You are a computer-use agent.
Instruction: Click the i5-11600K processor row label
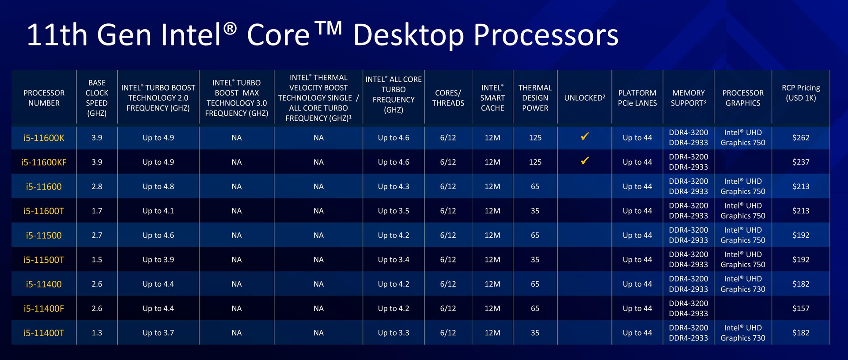(44, 138)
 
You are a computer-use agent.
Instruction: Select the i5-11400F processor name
(44, 308)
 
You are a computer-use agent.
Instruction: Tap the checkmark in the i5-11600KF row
(584, 161)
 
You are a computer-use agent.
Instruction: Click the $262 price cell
(801, 138)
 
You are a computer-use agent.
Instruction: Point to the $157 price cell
(801, 308)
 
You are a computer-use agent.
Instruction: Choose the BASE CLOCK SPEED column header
(97, 98)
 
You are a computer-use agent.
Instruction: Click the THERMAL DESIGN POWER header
(535, 98)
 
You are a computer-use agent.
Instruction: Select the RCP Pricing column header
(801, 93)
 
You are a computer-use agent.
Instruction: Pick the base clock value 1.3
(97, 333)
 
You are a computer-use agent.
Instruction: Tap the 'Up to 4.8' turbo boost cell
(158, 186)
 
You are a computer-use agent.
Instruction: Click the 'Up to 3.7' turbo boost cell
(158, 333)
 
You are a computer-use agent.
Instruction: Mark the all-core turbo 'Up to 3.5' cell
(394, 211)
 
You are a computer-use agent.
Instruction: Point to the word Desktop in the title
(409, 35)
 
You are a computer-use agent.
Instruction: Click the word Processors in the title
(546, 35)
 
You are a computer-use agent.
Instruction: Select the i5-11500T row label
(44, 260)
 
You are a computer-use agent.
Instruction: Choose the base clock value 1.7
(97, 211)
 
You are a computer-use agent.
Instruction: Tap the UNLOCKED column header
(584, 98)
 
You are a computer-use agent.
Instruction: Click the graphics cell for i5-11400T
(743, 333)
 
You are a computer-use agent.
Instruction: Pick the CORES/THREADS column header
(448, 98)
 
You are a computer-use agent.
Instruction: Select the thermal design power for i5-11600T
(535, 211)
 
